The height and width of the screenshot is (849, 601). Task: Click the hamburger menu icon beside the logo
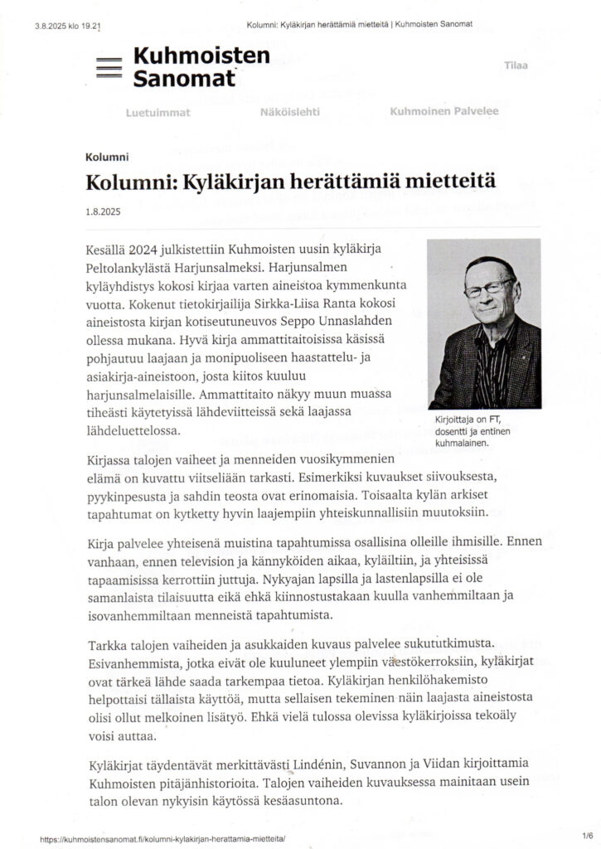tap(109, 69)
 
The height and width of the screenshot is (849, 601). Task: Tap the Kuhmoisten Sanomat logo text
tap(190, 67)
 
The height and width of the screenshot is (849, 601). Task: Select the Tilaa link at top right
tap(516, 65)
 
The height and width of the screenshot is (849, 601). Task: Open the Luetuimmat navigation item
tap(158, 112)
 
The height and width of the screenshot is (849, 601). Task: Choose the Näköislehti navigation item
tap(289, 112)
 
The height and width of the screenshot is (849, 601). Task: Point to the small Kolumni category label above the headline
tap(106, 157)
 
